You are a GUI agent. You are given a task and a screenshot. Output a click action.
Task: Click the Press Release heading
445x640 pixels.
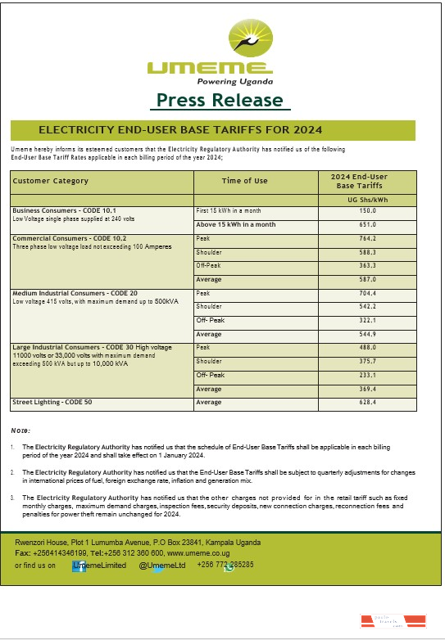tap(220, 101)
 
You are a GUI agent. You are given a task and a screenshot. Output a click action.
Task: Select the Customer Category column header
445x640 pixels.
tap(51, 181)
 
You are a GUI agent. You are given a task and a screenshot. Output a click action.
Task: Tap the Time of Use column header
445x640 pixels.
tap(244, 181)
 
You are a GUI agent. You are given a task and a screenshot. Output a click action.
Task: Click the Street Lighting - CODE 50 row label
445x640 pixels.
tap(52, 403)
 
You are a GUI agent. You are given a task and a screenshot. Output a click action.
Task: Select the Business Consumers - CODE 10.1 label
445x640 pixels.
tap(64, 211)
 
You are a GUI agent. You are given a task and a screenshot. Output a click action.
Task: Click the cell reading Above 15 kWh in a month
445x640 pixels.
tap(236, 224)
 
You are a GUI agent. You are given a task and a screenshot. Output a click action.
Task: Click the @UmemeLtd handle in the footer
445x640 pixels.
tap(161, 565)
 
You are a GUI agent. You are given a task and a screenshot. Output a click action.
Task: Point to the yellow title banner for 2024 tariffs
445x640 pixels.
tap(213, 130)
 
